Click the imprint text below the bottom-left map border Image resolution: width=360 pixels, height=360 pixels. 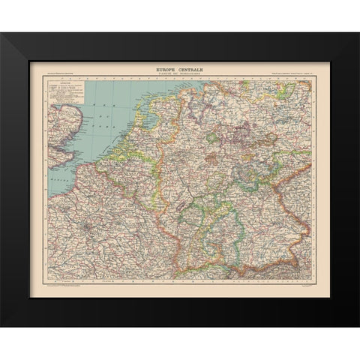[64, 287]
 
